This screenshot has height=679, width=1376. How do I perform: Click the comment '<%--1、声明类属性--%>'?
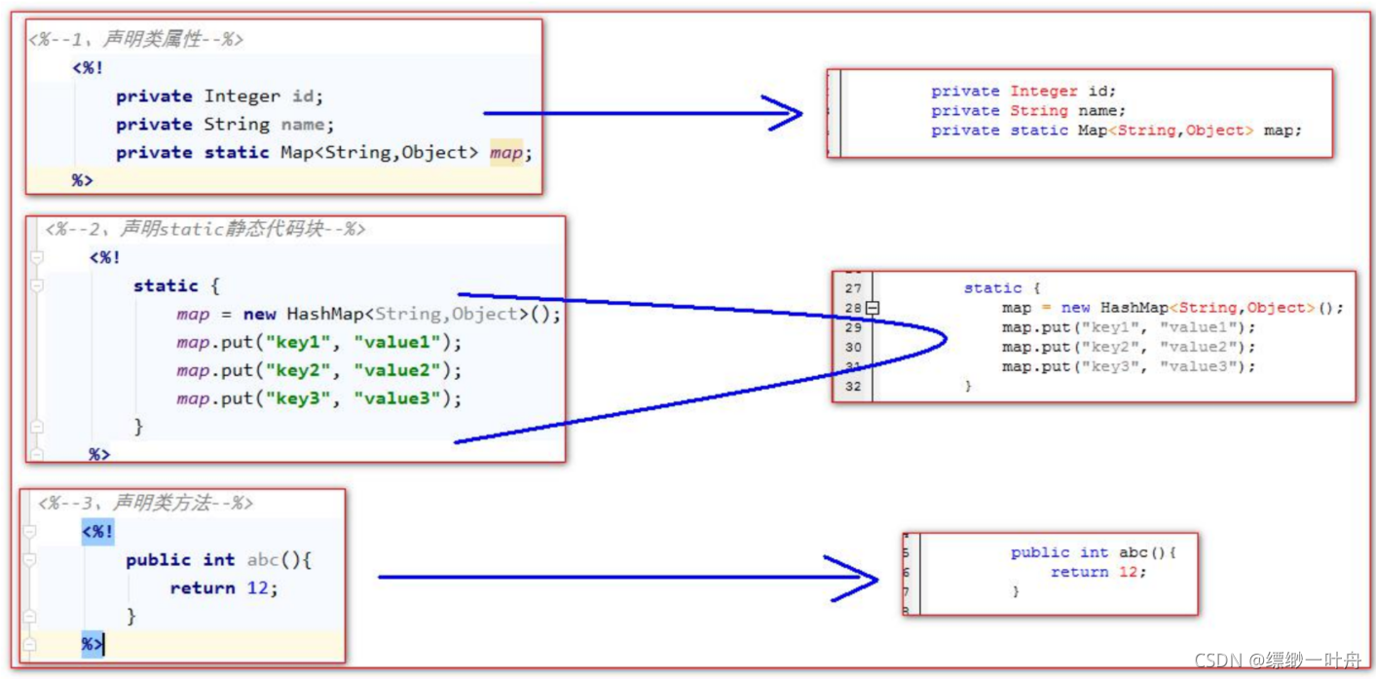click(135, 40)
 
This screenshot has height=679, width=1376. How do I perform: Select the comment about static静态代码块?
click(205, 230)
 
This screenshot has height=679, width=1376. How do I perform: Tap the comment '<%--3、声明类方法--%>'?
click(145, 504)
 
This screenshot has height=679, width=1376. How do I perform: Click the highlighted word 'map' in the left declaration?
click(505, 153)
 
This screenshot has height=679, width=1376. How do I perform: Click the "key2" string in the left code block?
click(298, 370)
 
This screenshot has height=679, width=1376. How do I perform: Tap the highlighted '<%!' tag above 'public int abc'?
click(97, 532)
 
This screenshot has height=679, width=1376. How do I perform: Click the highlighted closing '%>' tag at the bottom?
click(93, 644)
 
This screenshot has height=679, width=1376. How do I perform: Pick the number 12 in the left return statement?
click(259, 588)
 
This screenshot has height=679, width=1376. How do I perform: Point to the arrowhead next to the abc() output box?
click(862, 578)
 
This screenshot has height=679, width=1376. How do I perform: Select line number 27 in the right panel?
click(853, 288)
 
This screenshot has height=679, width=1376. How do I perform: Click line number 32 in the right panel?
click(853, 386)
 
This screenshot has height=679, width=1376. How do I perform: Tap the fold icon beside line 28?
click(873, 308)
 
